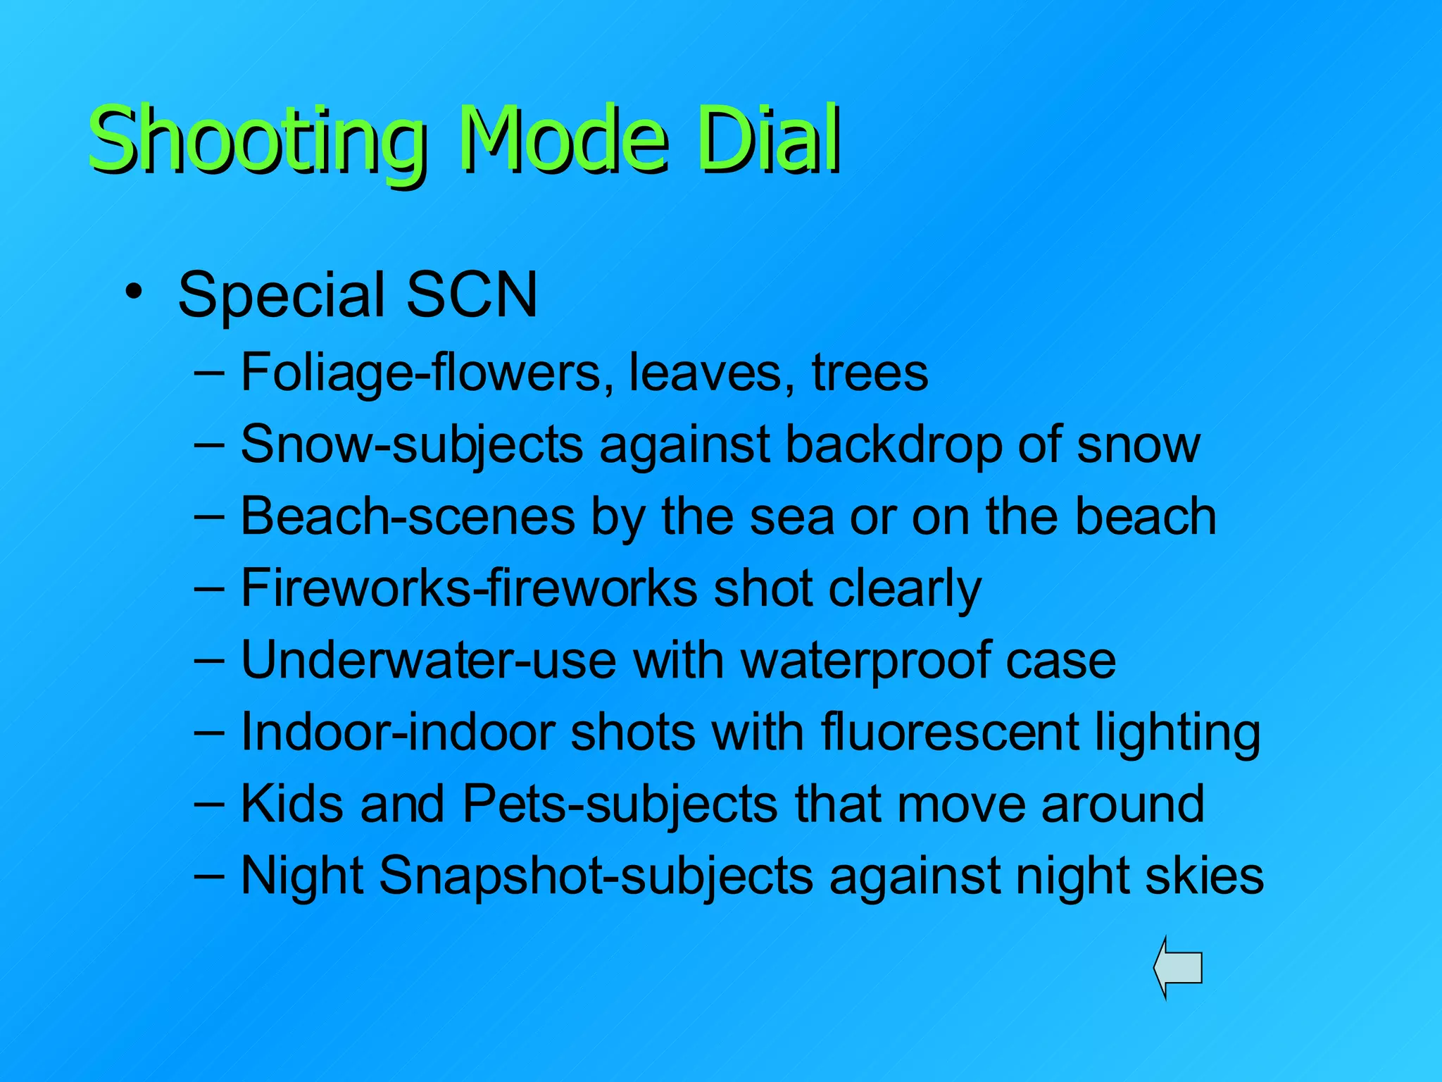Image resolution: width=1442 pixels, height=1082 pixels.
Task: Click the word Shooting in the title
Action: click(257, 141)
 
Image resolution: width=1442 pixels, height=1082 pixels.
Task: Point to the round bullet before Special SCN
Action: click(134, 291)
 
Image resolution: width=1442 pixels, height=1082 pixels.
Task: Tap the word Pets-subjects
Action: click(620, 804)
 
